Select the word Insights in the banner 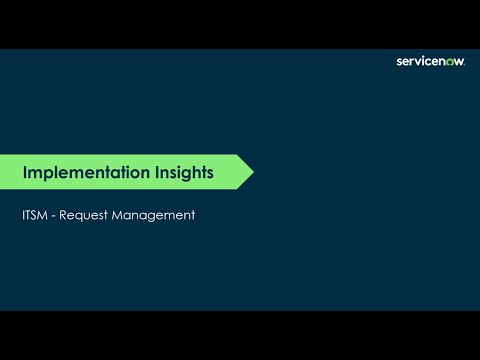186,172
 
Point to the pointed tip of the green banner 252,172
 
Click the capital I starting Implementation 25,172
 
